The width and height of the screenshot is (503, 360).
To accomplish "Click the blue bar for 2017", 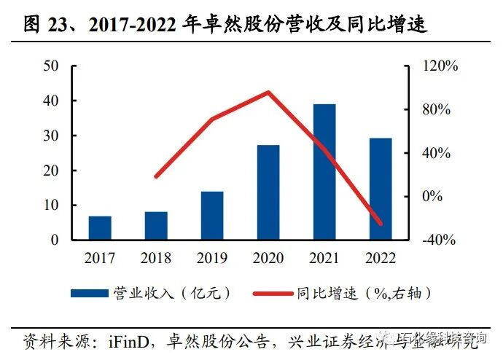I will tap(100, 228).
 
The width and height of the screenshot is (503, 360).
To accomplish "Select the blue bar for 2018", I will tap(156, 226).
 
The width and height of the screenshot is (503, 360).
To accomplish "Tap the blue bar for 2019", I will tap(212, 216).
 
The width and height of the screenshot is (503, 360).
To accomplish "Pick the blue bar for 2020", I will tap(268, 192).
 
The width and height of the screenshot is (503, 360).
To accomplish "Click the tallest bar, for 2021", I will tap(324, 172).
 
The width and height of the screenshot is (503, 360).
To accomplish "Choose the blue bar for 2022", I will tap(380, 189).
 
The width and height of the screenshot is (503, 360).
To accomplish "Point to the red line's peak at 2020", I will tap(268, 93).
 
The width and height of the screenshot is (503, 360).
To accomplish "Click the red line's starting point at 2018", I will tap(156, 176).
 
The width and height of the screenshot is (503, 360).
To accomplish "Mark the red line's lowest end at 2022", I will tap(380, 224).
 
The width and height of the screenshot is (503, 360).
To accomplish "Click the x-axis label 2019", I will tap(212, 258).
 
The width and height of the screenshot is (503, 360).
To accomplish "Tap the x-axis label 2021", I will tap(324, 258).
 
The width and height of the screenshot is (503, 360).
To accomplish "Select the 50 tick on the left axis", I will tap(52, 66).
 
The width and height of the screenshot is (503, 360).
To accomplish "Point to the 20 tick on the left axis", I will tap(52, 171).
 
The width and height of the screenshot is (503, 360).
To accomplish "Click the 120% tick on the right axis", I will tap(440, 66).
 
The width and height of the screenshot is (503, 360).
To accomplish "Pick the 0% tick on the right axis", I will tap(434, 196).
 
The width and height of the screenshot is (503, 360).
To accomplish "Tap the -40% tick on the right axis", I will tap(440, 240).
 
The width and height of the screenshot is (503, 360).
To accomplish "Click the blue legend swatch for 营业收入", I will tap(88, 293).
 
